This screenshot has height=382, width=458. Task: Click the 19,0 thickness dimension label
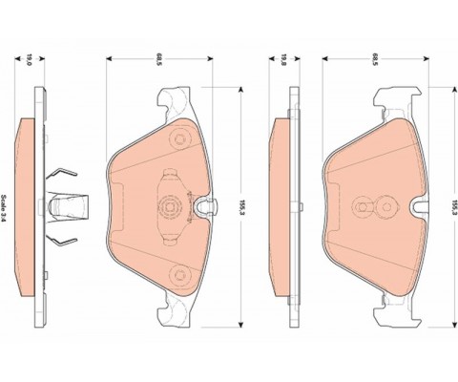29,59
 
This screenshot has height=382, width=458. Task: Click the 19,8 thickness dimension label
283,59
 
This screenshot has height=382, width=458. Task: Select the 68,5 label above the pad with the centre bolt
158,58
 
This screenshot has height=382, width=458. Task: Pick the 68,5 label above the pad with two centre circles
375,58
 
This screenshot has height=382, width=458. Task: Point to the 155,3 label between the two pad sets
243,207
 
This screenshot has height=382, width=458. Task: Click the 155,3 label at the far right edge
455,207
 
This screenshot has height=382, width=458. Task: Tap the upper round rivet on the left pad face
179,139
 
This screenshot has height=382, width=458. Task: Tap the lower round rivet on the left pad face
179,274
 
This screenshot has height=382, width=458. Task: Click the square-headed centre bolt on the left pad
169,207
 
